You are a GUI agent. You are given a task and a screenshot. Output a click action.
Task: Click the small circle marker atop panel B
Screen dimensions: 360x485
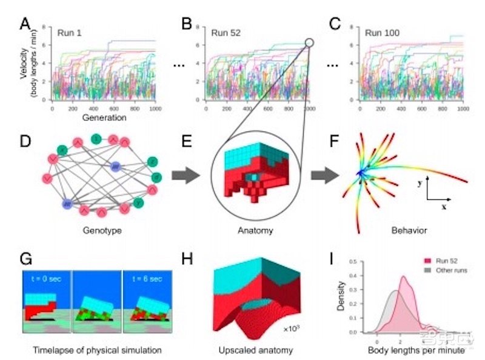tap(310, 43)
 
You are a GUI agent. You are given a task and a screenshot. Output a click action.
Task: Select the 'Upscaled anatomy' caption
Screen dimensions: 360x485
tap(254, 350)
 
